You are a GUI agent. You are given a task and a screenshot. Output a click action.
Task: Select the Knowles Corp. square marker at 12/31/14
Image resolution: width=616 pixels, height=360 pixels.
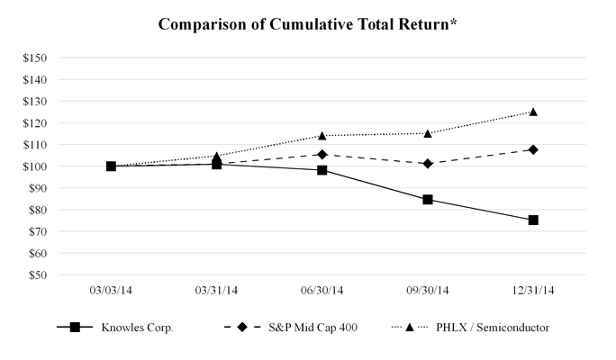pos(533,220)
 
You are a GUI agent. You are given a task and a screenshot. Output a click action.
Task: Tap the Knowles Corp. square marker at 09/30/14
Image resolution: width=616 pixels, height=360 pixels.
pos(428,199)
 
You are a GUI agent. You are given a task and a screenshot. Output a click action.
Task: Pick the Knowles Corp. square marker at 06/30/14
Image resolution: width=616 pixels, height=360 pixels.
pos(322,170)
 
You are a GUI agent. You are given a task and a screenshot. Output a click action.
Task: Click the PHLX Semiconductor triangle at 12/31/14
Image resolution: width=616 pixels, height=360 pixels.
pos(533,112)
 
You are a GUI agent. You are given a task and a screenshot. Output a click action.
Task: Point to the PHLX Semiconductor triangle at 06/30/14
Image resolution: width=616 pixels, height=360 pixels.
pos(322,135)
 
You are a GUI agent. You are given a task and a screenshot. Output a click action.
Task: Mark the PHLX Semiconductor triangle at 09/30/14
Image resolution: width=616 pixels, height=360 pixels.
pos(428,133)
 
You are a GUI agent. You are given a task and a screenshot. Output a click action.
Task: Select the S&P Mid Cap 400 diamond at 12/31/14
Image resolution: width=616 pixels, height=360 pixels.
pos(533,149)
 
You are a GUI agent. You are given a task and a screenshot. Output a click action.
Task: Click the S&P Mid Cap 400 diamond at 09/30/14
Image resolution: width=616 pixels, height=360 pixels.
pos(428,164)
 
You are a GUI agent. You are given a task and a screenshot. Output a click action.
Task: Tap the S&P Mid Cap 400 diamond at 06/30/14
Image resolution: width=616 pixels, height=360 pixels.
pos(322,155)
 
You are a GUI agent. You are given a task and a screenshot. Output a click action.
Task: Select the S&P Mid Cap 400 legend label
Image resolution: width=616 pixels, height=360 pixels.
pos(312,328)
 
